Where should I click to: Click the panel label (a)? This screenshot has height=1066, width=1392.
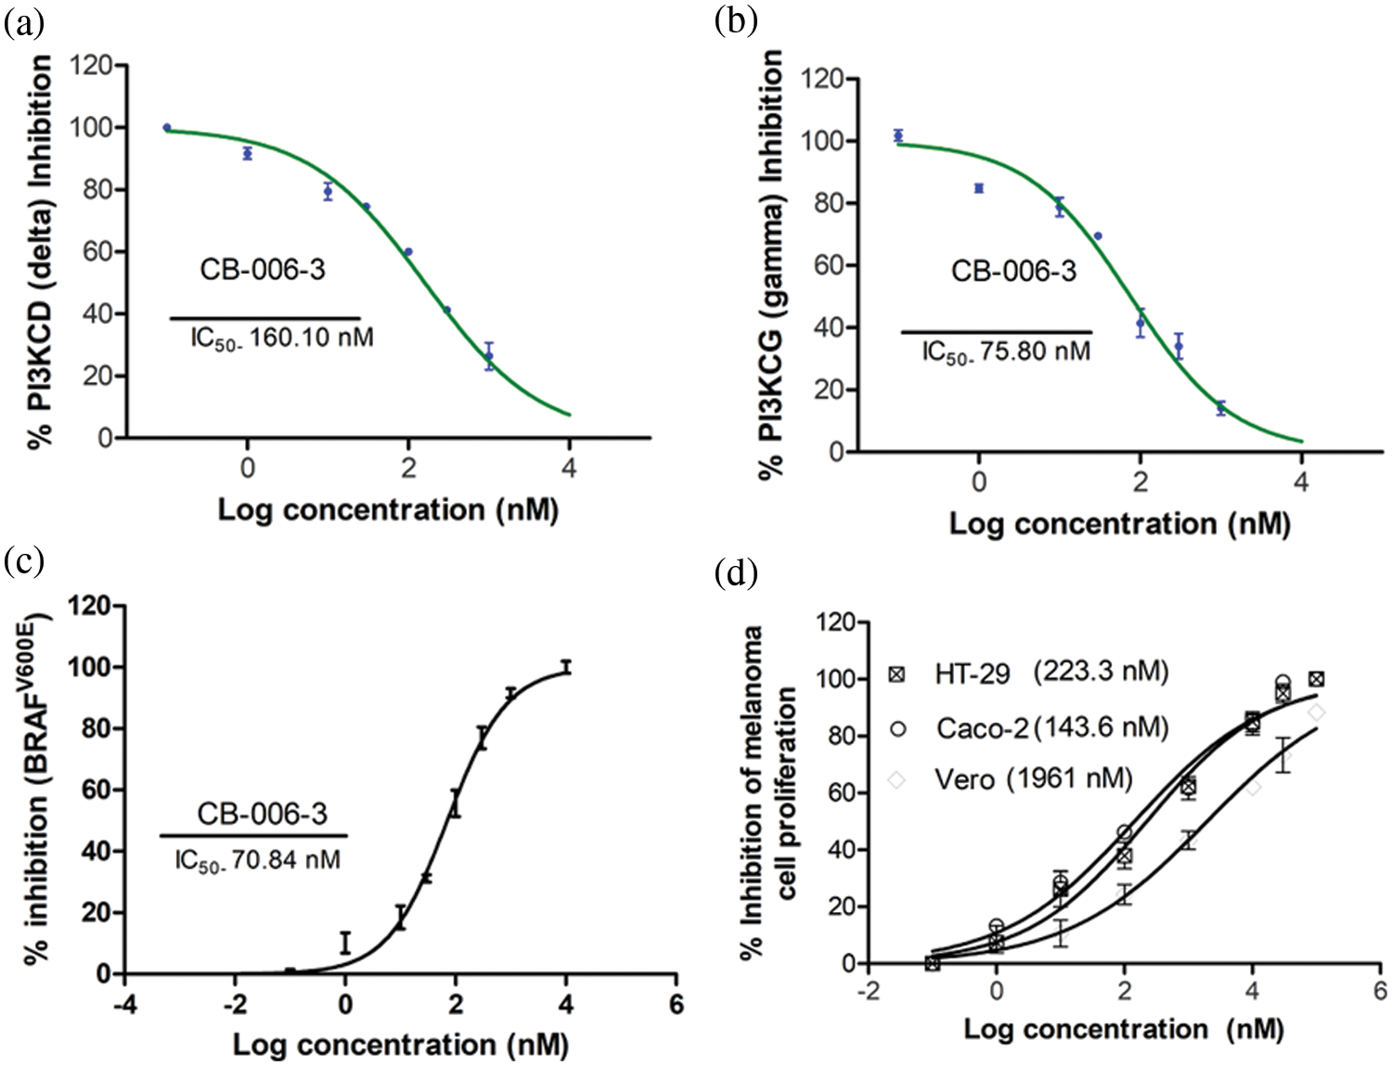24,24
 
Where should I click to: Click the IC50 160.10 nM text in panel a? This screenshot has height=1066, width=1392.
282,337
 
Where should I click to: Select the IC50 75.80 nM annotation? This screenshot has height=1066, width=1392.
1006,352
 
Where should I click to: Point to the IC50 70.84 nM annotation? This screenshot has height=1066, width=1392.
257,860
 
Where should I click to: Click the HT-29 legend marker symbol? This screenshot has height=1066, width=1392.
897,674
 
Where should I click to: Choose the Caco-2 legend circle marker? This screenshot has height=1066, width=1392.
897,728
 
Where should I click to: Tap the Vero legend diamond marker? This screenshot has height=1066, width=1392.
897,780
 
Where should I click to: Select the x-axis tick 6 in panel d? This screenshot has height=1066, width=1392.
1380,991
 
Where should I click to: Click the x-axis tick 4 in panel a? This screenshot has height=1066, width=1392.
569,468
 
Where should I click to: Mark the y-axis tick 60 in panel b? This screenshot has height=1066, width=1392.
828,265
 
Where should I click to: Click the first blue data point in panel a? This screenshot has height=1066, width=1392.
167,128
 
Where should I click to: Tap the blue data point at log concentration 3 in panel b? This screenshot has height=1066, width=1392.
1221,408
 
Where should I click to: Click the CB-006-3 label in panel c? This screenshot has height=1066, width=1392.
262,814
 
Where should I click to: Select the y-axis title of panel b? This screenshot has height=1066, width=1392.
772,264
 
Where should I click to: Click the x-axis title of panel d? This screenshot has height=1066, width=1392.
1123,1029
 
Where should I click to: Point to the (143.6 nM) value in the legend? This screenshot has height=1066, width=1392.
1102,726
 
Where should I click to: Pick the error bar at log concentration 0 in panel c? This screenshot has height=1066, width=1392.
345,943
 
